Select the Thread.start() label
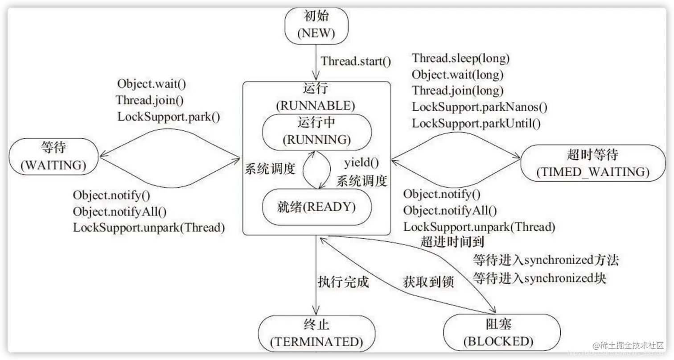(x=356, y=61)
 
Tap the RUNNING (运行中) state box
(x=316, y=132)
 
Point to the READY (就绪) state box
(x=316, y=207)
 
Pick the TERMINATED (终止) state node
(x=316, y=335)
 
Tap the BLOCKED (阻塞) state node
(x=501, y=335)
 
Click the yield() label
(x=363, y=163)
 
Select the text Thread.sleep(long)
(x=460, y=58)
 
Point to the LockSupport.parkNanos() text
(x=480, y=107)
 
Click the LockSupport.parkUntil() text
(x=476, y=123)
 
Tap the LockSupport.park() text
(x=168, y=116)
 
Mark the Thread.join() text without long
(x=149, y=100)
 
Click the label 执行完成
(x=343, y=281)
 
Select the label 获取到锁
(x=428, y=281)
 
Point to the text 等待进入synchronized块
(x=539, y=278)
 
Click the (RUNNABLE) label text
(x=316, y=106)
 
